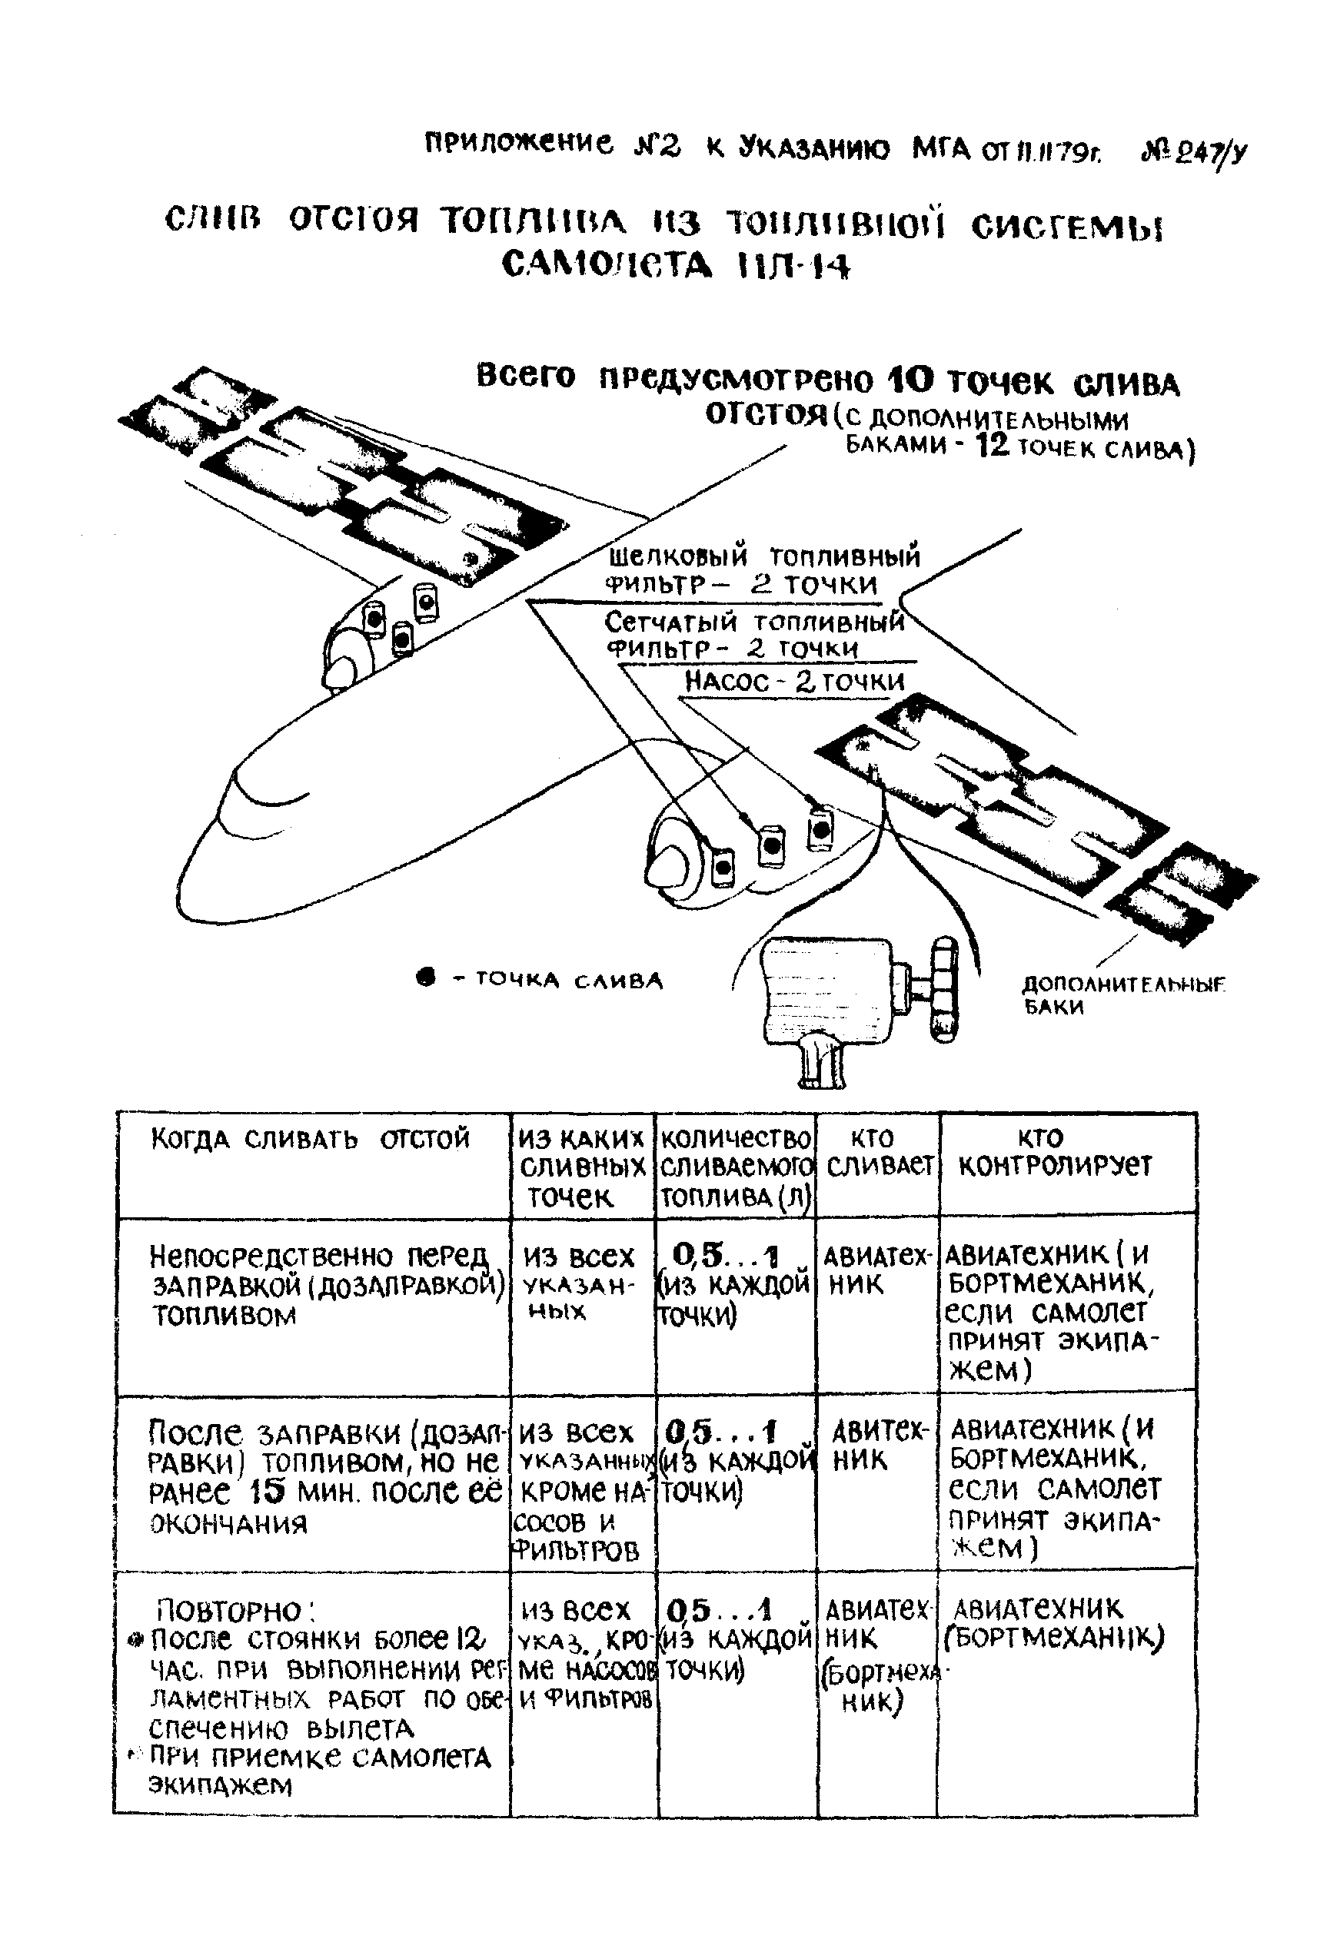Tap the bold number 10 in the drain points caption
click(910, 381)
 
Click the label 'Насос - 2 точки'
click(793, 681)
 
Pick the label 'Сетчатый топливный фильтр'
click(753, 635)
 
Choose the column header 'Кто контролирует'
click(1055, 1152)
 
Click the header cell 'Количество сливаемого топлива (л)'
click(737, 1167)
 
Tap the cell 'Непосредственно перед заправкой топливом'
click(326, 1284)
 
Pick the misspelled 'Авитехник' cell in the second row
click(877, 1446)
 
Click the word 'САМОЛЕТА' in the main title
click(607, 266)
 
